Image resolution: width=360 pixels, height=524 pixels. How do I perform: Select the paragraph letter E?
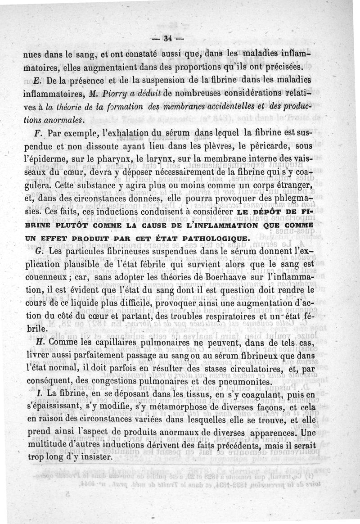coord(37,81)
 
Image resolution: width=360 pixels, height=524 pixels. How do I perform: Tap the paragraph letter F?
coord(37,134)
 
